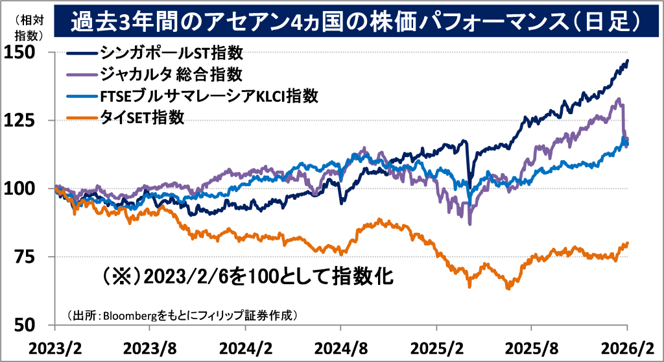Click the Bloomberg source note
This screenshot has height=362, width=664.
182,315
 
